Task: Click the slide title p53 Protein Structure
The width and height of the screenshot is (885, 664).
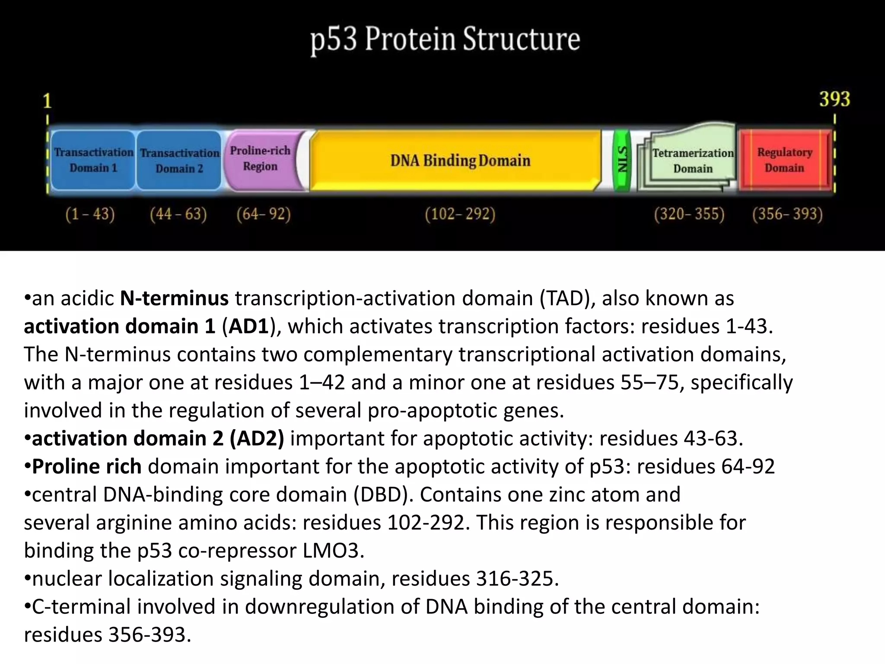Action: pyautogui.click(x=445, y=40)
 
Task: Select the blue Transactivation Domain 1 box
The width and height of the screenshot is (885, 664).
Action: pyautogui.click(x=93, y=160)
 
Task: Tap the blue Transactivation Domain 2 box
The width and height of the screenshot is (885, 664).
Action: pyautogui.click(x=179, y=160)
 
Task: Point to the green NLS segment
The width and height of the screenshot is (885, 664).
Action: pyautogui.click(x=622, y=160)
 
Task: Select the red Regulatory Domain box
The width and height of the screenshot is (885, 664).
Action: pyautogui.click(x=784, y=160)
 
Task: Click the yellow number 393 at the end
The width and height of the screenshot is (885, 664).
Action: pyautogui.click(x=834, y=99)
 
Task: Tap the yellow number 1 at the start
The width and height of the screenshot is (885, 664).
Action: pyautogui.click(x=47, y=101)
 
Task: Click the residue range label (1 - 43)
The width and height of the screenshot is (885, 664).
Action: pyautogui.click(x=90, y=214)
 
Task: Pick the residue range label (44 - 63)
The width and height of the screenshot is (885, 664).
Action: pyautogui.click(x=178, y=214)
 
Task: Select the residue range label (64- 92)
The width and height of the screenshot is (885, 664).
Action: pyautogui.click(x=264, y=214)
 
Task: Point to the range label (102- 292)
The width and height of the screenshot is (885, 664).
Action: pyautogui.click(x=460, y=214)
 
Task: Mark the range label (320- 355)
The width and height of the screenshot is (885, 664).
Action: pyautogui.click(x=689, y=214)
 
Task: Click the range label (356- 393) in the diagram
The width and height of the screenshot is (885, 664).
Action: pyautogui.click(x=787, y=214)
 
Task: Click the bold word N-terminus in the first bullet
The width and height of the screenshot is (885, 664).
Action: pyautogui.click(x=174, y=298)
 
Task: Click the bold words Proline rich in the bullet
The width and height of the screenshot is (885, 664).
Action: pyautogui.click(x=87, y=466)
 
